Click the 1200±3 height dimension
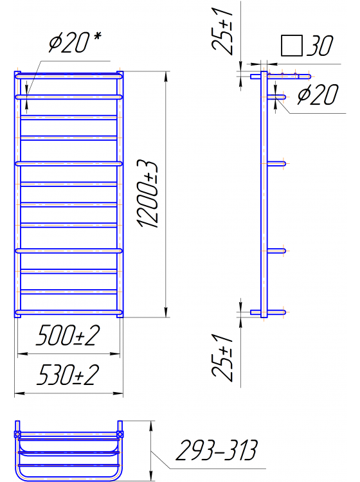pos(148,194)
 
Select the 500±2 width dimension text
pos(68,335)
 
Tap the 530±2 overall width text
pos(68,375)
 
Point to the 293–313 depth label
pos(217,450)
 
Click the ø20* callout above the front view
pos(75,42)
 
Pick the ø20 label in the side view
pos(318,94)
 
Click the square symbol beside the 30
pos(292,46)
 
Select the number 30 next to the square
pos(320,46)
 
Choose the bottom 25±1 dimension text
pos(222,357)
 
